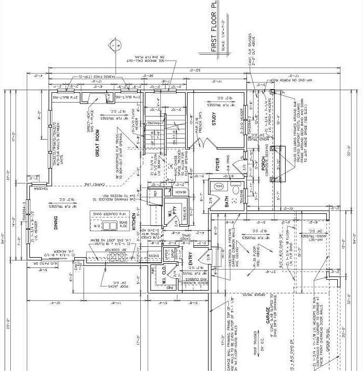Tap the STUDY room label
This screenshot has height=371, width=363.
213,118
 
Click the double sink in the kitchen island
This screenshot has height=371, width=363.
109,225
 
